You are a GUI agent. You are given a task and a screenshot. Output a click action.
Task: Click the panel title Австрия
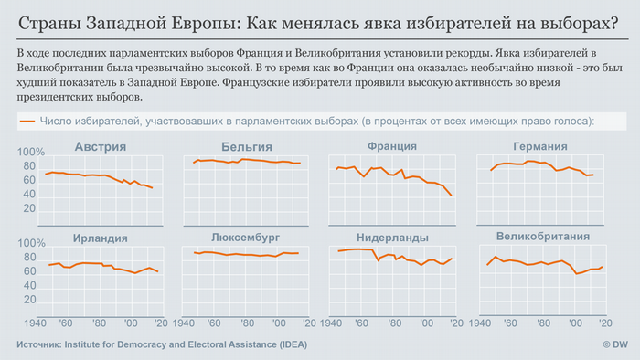tap(101, 146)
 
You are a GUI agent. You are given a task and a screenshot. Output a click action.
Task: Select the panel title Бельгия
tap(246, 146)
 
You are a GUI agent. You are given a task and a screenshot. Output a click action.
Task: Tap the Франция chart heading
tap(392, 146)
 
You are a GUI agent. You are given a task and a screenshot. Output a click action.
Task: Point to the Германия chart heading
tap(539, 146)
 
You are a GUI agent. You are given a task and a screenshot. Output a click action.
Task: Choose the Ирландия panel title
tap(101, 238)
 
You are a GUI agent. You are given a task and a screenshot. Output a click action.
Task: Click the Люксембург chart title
tap(245, 237)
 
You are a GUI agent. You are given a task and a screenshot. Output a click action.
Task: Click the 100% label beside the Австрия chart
tap(31, 153)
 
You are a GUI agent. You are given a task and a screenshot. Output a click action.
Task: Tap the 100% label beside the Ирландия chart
tap(31, 244)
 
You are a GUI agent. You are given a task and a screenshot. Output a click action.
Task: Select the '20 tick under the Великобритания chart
tap(604, 323)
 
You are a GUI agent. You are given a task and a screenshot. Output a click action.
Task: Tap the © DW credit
tap(617, 344)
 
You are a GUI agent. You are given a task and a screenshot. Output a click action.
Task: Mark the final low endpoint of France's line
tap(452, 196)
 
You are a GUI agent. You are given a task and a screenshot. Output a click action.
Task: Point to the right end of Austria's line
tap(152, 187)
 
